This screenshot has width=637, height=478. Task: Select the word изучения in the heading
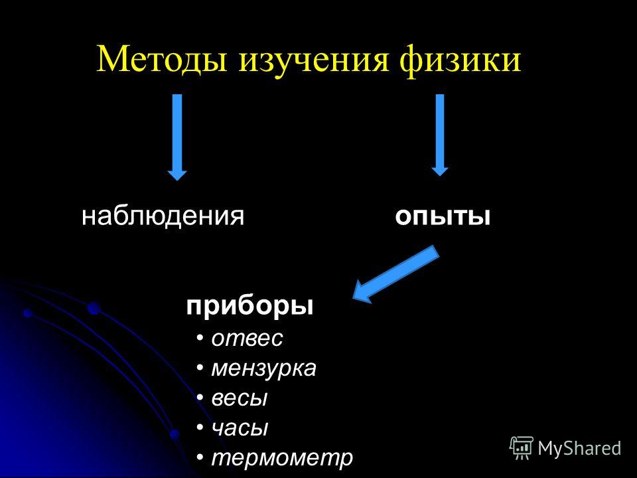pyautogui.click(x=313, y=61)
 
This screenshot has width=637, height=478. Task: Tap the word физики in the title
pyautogui.click(x=460, y=61)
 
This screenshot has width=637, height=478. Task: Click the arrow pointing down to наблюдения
pyautogui.click(x=177, y=137)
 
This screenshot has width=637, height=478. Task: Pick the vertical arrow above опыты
pyautogui.click(x=439, y=135)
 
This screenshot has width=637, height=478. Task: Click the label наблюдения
pyautogui.click(x=163, y=216)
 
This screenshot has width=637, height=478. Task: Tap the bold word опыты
pyautogui.click(x=443, y=217)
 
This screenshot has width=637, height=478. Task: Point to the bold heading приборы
pyautogui.click(x=250, y=306)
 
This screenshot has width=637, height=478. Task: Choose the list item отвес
pyautogui.click(x=247, y=338)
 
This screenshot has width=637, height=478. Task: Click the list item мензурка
pyautogui.click(x=263, y=368)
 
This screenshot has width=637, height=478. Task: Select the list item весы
pyautogui.click(x=240, y=398)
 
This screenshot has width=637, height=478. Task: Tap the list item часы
pyautogui.click(x=240, y=428)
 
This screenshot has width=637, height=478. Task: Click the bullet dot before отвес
pyautogui.click(x=200, y=338)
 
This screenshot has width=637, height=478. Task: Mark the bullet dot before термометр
pyautogui.click(x=200, y=457)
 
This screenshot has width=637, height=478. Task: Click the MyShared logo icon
pyautogui.click(x=522, y=448)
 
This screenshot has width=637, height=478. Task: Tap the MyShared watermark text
pyautogui.click(x=580, y=449)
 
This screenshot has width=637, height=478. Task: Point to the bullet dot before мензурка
pyautogui.click(x=200, y=368)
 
